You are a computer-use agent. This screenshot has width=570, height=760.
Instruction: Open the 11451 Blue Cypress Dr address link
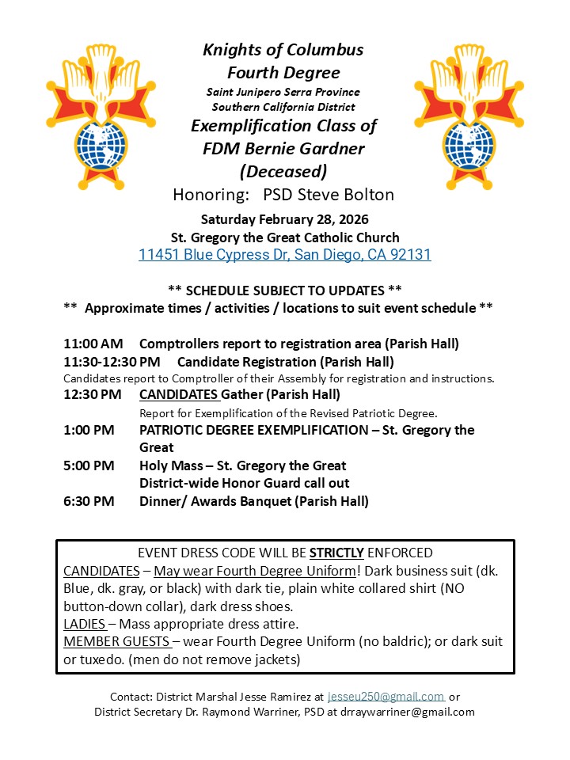(284, 255)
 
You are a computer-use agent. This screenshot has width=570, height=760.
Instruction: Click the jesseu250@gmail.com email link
(386, 697)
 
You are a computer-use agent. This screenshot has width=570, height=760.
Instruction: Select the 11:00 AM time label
(93, 344)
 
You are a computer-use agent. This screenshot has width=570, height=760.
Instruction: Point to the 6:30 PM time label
(89, 500)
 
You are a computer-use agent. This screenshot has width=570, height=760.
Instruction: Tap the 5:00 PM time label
(89, 465)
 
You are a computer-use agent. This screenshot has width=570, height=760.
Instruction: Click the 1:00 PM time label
(89, 430)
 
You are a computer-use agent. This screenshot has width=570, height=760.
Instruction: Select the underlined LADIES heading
(85, 624)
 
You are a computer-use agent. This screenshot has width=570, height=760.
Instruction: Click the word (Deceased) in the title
(283, 171)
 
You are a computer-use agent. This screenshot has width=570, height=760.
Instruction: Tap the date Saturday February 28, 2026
(284, 219)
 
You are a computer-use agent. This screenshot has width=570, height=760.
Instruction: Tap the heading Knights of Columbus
(283, 50)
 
